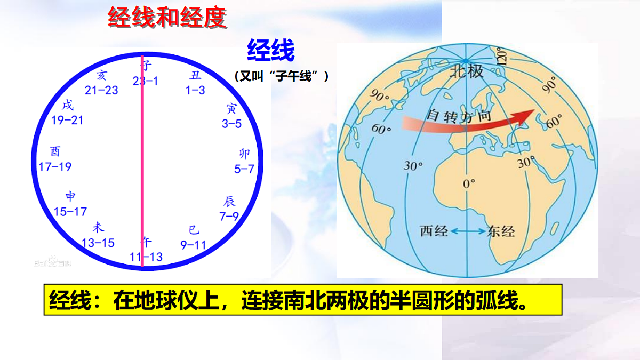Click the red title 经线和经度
click(167, 18)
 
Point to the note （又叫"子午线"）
click(281, 76)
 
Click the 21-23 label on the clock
click(101, 90)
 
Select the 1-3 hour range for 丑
click(195, 90)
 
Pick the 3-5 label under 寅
click(231, 124)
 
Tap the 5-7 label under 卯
click(244, 169)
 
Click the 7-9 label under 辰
click(229, 216)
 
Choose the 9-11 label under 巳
click(193, 245)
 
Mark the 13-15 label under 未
click(98, 243)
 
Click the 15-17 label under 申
click(70, 212)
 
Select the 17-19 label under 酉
click(55, 167)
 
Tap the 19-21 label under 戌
click(68, 120)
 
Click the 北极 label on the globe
click(467, 70)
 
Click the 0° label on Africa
click(469, 184)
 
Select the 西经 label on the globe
click(434, 231)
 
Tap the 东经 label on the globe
click(501, 231)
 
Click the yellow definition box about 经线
click(302, 299)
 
